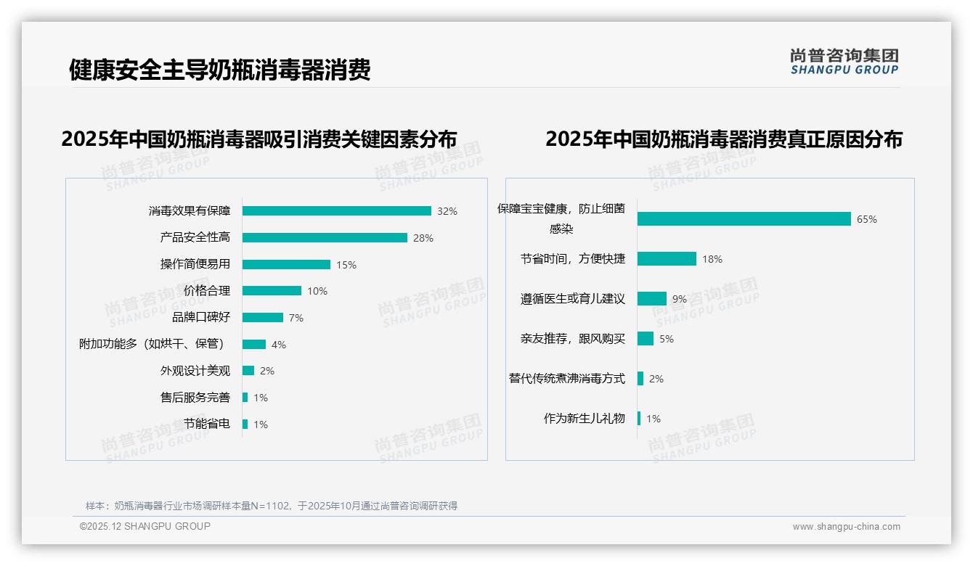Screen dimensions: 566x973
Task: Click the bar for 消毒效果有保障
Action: click(336, 211)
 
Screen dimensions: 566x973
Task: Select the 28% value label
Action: click(423, 238)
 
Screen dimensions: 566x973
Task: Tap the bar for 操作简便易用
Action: click(286, 265)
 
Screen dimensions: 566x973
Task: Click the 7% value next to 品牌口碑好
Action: click(296, 318)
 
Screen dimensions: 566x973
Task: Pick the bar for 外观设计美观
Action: click(248, 371)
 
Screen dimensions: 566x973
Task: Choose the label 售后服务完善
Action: click(195, 398)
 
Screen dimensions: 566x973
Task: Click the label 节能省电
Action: click(207, 424)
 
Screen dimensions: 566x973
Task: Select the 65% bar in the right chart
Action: click(744, 219)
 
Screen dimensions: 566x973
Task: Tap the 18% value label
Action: click(712, 259)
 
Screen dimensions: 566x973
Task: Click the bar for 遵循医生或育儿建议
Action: click(652, 299)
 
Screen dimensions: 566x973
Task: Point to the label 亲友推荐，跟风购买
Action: click(573, 339)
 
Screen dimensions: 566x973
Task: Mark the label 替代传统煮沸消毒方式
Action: click(567, 379)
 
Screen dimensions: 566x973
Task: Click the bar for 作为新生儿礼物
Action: click(639, 419)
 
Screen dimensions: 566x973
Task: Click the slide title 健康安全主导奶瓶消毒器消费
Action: click(220, 70)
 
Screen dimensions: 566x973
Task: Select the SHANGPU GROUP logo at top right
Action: click(844, 62)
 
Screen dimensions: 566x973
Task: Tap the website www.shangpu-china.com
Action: click(846, 527)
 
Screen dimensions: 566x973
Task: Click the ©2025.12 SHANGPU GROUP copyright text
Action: click(145, 526)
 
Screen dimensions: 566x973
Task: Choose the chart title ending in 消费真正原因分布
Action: click(723, 139)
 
